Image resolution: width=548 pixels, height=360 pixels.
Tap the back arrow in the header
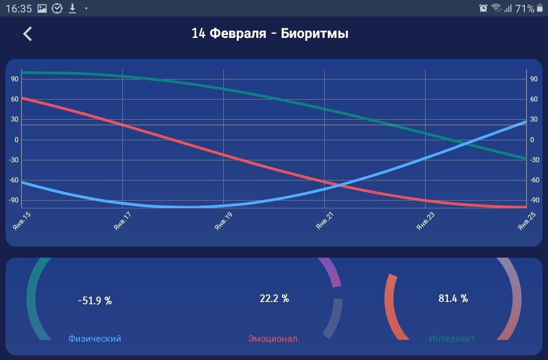click(x=28, y=34)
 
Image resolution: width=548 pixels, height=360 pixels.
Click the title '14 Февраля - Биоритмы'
click(x=270, y=34)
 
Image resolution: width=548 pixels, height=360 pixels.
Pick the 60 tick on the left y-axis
click(x=15, y=99)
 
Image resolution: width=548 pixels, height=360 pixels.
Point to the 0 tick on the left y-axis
click(x=16, y=140)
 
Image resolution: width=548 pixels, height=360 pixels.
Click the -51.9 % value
click(x=95, y=301)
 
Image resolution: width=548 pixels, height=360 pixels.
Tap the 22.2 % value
click(x=274, y=299)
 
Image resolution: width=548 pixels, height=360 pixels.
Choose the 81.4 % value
click(x=453, y=299)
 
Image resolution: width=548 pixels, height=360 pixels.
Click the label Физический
click(x=95, y=339)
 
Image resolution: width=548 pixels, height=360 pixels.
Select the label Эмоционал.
click(x=274, y=339)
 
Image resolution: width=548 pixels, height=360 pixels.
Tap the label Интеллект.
click(x=453, y=339)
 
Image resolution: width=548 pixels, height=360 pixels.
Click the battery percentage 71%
click(x=524, y=8)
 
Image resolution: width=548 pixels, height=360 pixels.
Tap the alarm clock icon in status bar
click(x=483, y=8)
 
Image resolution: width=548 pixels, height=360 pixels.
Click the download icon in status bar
click(x=72, y=8)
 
